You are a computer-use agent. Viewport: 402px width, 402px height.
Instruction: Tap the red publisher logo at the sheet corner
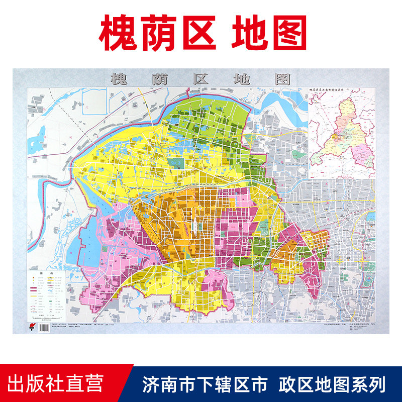pyautogui.click(x=33, y=327)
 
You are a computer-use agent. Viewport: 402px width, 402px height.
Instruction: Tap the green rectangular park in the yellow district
pyautogui.click(x=175, y=163)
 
